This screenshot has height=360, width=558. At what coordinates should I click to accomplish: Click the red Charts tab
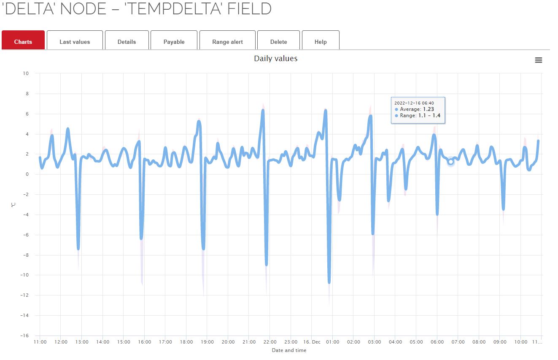23,42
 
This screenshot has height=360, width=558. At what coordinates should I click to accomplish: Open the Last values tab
75,42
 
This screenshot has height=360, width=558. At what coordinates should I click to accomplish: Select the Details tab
127,42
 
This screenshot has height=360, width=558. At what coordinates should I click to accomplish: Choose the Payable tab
174,42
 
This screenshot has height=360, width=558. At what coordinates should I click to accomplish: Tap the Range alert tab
227,42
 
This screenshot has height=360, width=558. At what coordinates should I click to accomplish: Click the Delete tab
278,42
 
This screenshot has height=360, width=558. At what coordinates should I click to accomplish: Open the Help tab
321,42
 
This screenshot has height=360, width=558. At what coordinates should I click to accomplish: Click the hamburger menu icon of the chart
538,60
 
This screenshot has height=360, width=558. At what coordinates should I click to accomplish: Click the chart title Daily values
275,59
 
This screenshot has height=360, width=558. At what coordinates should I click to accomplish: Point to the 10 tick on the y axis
26,73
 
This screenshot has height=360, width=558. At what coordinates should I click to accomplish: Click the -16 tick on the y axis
24,336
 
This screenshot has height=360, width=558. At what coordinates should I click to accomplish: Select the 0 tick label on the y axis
27,174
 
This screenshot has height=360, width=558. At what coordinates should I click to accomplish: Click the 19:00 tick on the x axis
207,342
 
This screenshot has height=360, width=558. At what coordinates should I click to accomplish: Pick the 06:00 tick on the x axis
437,342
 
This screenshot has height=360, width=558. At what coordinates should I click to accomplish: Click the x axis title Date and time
289,350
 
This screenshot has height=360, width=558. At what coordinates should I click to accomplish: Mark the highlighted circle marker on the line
450,162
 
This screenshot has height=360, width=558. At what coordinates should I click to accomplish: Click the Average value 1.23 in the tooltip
429,109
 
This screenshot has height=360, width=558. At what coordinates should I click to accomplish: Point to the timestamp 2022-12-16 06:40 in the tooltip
414,103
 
